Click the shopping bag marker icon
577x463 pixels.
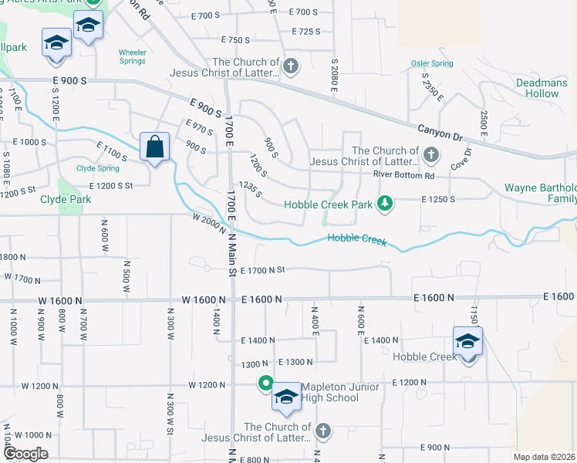coord(155,145)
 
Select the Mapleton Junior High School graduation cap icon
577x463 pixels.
coord(286,397)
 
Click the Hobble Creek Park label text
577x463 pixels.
coord(328,204)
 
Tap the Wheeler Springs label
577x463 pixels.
coord(132,58)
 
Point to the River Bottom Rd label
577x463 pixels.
coord(404,175)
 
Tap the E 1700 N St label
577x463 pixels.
coord(263,270)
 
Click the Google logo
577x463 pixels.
coord(25,454)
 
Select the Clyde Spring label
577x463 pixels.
coord(97,168)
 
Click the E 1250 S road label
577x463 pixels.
coord(437,199)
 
